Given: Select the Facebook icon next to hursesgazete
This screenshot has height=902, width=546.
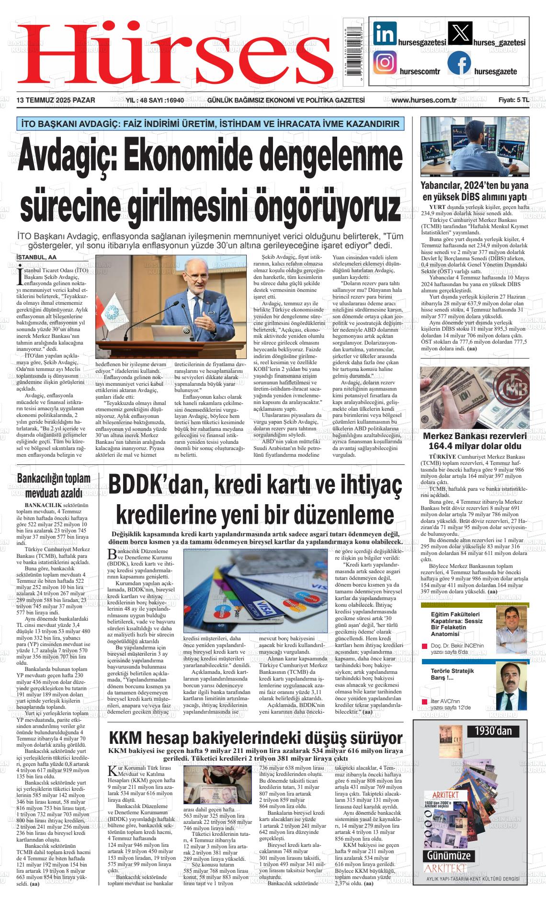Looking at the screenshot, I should pos(459,63).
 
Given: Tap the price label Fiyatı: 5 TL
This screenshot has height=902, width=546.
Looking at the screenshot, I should pos(513,100).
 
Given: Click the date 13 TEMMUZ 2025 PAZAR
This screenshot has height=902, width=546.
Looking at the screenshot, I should pos(56,100).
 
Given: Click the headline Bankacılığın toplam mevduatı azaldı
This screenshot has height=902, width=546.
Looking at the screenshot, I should pos(54,486).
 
